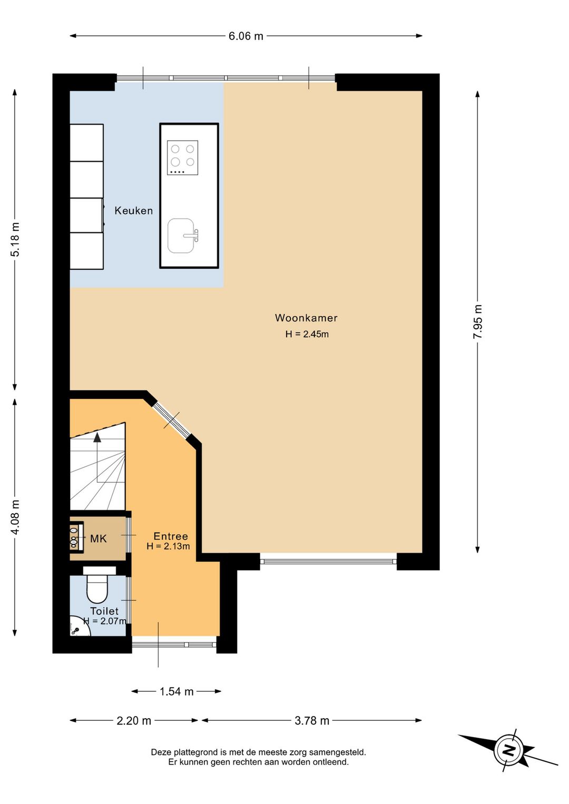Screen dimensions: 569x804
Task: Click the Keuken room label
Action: (x=133, y=211)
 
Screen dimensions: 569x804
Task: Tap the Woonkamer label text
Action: (x=306, y=318)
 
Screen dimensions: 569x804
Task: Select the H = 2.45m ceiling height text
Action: (x=307, y=335)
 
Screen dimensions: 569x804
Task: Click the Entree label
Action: (x=171, y=536)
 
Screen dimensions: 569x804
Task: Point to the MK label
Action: (x=99, y=539)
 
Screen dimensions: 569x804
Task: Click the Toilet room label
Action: (x=104, y=611)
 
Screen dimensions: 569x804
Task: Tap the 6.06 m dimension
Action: (x=246, y=36)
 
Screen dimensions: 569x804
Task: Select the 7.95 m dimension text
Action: (x=478, y=321)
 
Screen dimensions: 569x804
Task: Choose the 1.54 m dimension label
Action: (x=176, y=692)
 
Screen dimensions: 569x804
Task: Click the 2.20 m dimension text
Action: (x=134, y=720)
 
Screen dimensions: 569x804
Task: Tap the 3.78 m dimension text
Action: (x=311, y=720)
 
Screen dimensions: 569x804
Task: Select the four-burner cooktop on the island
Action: (x=182, y=158)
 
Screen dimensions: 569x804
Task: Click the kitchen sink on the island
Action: (x=182, y=236)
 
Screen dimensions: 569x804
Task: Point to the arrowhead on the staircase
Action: (x=97, y=437)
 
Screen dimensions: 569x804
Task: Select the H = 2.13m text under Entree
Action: (x=168, y=547)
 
